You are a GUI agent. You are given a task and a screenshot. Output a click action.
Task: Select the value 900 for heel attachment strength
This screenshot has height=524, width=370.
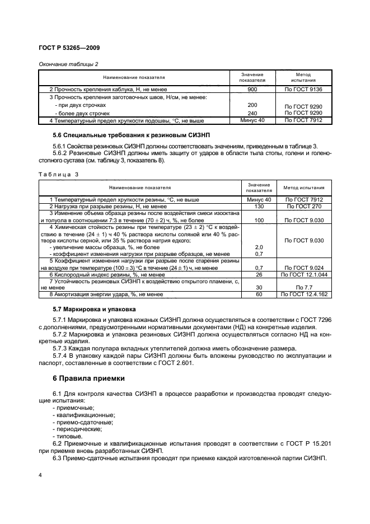[x=252, y=90]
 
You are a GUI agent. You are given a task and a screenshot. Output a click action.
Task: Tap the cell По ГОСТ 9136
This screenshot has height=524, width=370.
[x=303, y=90]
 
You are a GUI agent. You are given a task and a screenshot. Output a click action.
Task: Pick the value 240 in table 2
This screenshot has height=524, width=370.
[x=252, y=113]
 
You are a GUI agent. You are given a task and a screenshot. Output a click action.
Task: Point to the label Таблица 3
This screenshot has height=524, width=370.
[x=59, y=174]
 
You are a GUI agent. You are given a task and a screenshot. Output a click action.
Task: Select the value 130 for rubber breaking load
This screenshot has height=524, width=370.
[x=259, y=207]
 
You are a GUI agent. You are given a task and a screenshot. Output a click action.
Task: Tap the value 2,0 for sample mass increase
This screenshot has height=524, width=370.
[x=259, y=247]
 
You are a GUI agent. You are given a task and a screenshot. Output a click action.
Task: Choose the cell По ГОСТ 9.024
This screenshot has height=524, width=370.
[x=304, y=268]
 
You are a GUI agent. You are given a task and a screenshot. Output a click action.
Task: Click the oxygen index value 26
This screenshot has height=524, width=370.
[x=259, y=275]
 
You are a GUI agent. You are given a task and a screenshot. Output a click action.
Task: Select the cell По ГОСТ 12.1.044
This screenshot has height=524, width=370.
[x=304, y=275]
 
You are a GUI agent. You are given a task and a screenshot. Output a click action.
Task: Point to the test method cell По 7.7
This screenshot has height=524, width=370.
[x=304, y=287]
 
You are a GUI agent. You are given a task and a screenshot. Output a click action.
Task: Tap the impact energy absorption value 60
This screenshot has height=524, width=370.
[x=259, y=294]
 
